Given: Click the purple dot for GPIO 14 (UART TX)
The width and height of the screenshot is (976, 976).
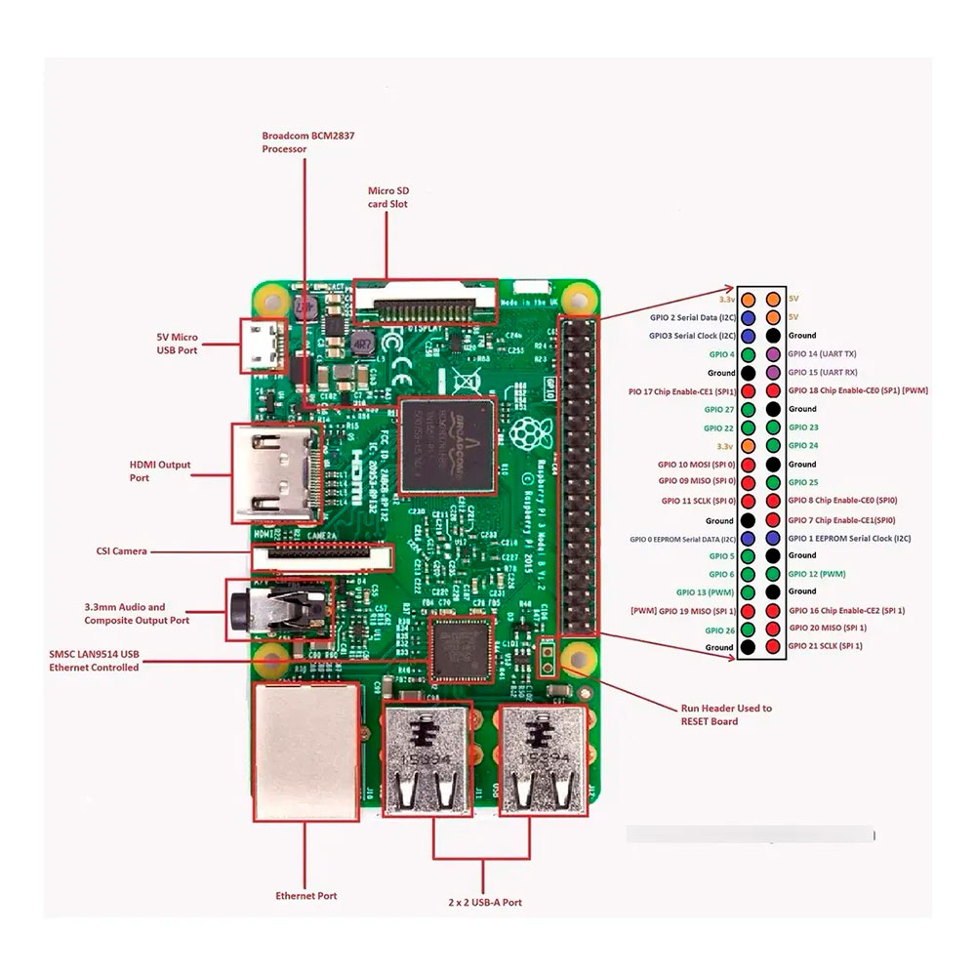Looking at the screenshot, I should click(x=773, y=353).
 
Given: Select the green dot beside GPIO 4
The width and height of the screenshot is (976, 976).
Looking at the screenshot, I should click(x=748, y=353).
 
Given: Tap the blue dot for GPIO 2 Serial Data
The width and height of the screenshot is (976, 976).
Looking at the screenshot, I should click(x=748, y=317).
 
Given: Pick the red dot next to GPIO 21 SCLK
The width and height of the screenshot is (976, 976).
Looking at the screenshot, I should click(x=773, y=646).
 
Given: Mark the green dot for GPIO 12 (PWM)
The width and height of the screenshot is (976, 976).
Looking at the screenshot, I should click(x=773, y=574).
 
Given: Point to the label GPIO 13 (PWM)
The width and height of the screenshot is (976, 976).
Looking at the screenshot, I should click(x=705, y=591).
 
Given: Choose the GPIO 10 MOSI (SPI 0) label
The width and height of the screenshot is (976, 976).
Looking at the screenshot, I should click(x=697, y=464).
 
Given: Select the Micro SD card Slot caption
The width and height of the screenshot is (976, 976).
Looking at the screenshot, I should click(x=387, y=197).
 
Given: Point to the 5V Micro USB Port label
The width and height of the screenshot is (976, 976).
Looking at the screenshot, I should click(x=178, y=343).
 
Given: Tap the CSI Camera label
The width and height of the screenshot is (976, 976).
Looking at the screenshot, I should click(x=122, y=551).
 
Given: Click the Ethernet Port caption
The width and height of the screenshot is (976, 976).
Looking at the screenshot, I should click(x=306, y=895).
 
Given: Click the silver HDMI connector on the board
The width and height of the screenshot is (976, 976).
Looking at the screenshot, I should click(x=277, y=472).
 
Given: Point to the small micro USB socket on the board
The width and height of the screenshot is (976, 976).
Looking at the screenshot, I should click(x=262, y=346).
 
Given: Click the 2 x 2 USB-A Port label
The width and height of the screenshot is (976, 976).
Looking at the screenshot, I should click(x=485, y=903).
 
